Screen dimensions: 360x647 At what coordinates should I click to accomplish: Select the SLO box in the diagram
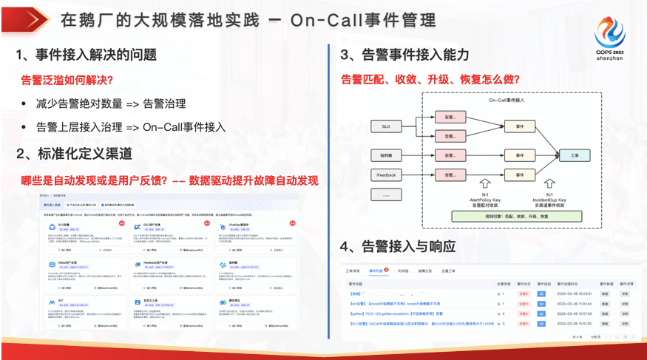pos(386,127)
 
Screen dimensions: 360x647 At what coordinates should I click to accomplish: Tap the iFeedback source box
pos(386,174)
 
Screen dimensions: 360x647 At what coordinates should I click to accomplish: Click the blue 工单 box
pos(575,156)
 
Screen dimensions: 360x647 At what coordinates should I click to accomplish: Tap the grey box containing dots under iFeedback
pos(386,196)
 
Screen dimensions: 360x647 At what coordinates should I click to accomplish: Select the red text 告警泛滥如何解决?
pos(67,80)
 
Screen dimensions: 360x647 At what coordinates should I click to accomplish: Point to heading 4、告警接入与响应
pos(397,245)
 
